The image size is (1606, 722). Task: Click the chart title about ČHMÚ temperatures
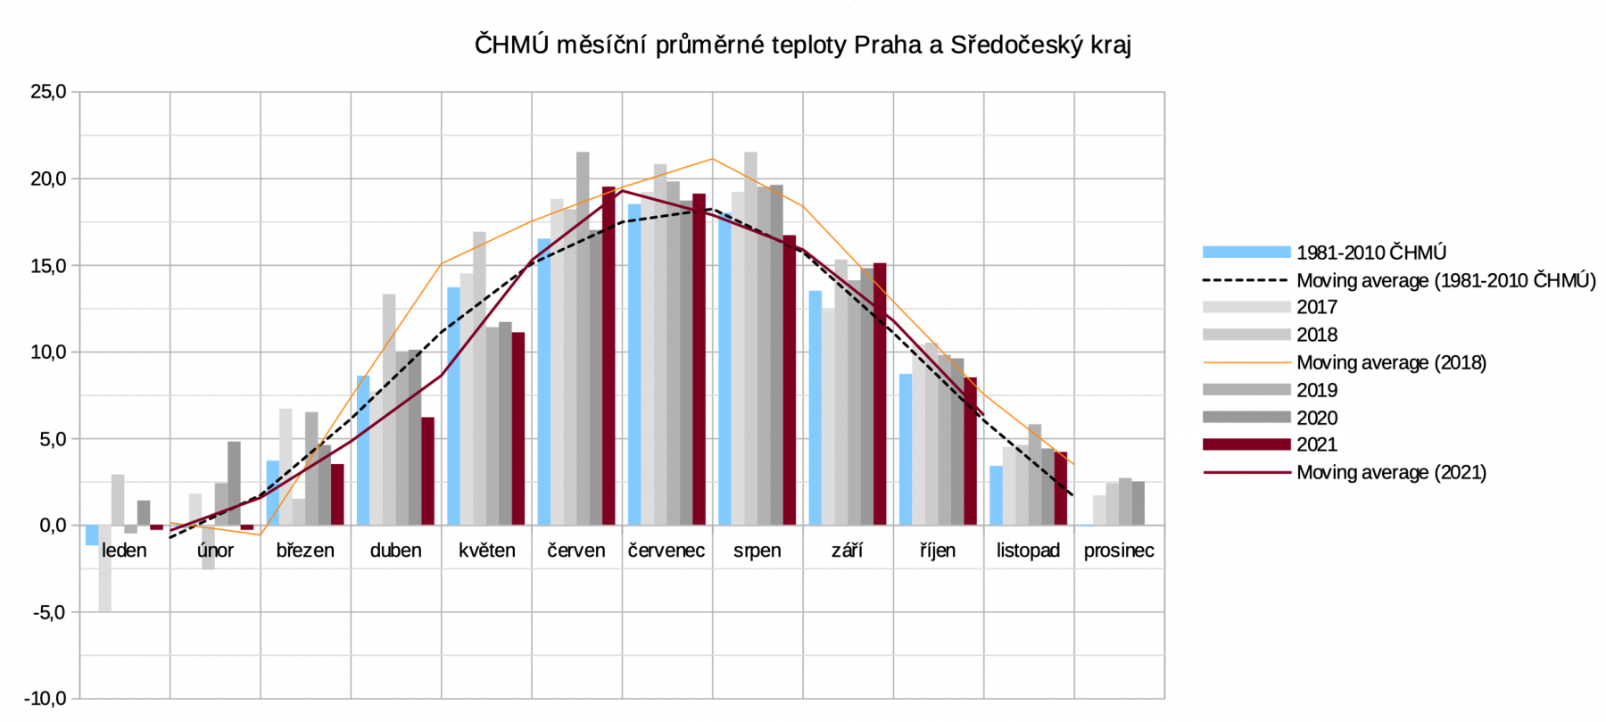pos(802,45)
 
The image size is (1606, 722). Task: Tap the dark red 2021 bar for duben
pos(427,471)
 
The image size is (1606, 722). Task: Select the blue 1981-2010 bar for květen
pos(453,406)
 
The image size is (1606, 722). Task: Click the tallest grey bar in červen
pos(583,339)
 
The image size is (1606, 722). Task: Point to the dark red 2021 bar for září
pos(880,394)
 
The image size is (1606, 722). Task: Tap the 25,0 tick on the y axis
pos(49,92)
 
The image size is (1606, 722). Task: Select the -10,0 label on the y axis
pos(46,699)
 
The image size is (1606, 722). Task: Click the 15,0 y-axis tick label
pos(49,266)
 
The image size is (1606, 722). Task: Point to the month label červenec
pos(666,551)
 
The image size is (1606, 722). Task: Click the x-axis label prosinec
pos(1118,551)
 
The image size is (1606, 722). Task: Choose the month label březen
pos(305,551)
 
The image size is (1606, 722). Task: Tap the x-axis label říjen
pos(937,551)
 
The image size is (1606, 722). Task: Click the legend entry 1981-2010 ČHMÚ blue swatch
pos(1246,253)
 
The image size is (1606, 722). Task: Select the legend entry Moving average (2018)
pos(1390,362)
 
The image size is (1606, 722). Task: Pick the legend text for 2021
pos(1317,444)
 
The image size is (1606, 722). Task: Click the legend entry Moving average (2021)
pos(1390,472)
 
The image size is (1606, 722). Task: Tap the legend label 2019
pos(1317,390)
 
